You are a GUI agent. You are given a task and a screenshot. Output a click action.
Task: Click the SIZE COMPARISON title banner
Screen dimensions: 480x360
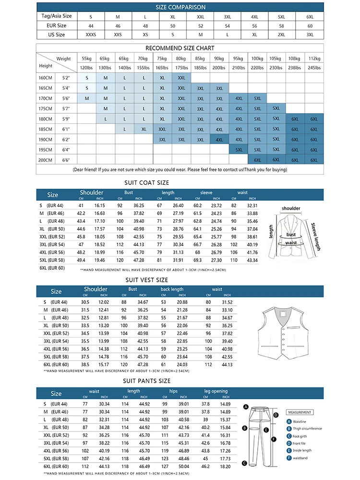pyautogui.click(x=180, y=7)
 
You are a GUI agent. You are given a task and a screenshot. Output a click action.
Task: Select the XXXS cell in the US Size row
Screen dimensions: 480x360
pyautogui.click(x=91, y=35)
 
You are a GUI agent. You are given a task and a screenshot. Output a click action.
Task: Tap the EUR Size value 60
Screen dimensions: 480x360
pyautogui.click(x=310, y=25)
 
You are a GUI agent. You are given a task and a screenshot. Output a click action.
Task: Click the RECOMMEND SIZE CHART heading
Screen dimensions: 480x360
pyautogui.click(x=180, y=48)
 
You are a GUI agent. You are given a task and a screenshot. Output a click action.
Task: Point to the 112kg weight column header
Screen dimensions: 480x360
pyautogui.click(x=314, y=59)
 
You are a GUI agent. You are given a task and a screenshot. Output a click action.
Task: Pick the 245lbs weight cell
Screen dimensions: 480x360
pyautogui.click(x=314, y=68)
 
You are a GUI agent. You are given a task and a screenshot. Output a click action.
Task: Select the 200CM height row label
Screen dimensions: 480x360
pyautogui.click(x=46, y=160)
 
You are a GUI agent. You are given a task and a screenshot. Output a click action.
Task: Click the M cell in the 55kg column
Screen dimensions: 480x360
pyautogui.click(x=87, y=98)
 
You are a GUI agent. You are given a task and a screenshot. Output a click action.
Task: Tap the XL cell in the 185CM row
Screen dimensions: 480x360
pyautogui.click(x=144, y=129)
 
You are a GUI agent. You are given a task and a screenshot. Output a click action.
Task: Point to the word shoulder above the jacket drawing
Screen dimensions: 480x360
pyautogui.click(x=291, y=208)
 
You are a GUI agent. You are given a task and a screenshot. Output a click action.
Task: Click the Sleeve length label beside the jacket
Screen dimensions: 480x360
pyautogui.click(x=315, y=237)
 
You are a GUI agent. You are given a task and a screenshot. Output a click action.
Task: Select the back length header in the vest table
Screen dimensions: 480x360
pyautogui.click(x=172, y=289)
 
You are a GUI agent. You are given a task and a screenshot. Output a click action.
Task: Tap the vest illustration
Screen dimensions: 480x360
pyautogui.click(x=284, y=331)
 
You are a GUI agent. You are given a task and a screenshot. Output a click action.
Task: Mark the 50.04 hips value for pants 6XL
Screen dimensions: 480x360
pyautogui.click(x=184, y=466)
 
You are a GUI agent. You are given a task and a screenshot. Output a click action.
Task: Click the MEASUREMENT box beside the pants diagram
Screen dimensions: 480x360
pyautogui.click(x=300, y=412)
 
